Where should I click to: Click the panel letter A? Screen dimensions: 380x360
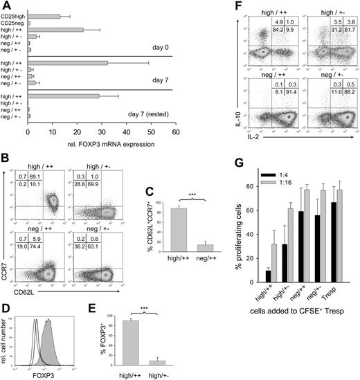click(x=7, y=6)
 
